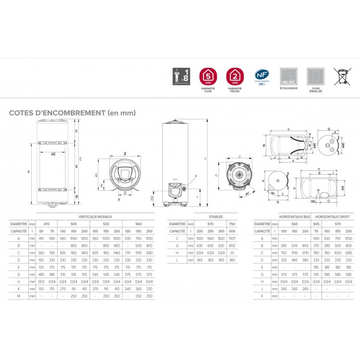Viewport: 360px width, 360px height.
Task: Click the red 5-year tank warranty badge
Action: coord(207,76)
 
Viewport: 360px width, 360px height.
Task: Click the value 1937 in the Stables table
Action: coord(232,238)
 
